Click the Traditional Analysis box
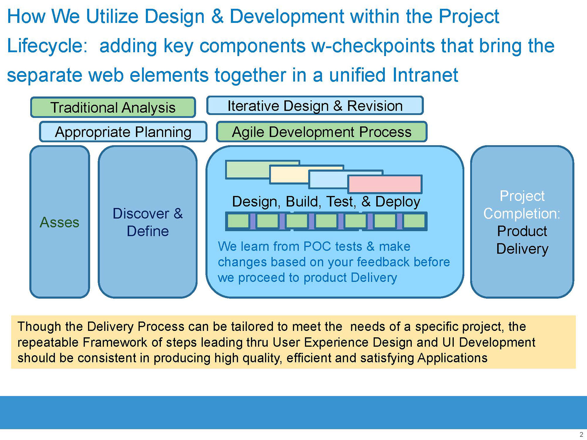(113, 107)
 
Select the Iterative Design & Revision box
(315, 106)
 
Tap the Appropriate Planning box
(123, 132)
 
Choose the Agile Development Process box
(322, 132)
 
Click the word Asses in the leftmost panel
(60, 222)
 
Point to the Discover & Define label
(148, 222)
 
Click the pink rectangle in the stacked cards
(385, 184)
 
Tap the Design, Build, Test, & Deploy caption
(326, 202)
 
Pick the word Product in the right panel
(522, 231)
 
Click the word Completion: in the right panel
(522, 214)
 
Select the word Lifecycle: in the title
(47, 46)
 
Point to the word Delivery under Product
(522, 249)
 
